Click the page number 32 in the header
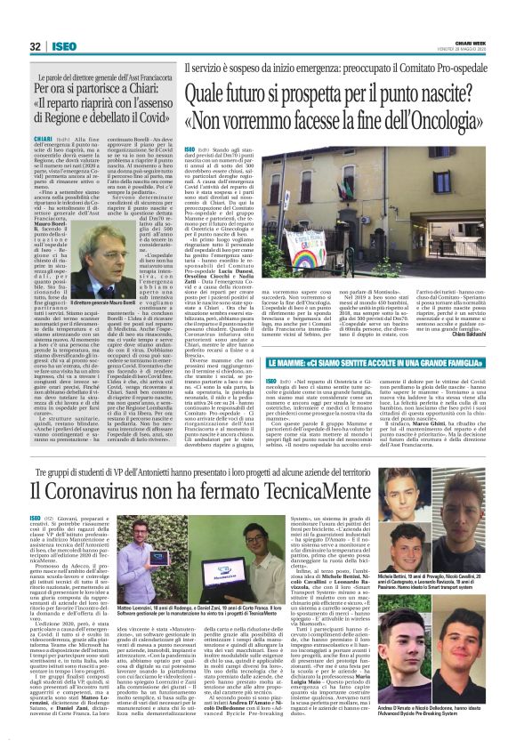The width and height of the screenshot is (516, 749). coord(35,46)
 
